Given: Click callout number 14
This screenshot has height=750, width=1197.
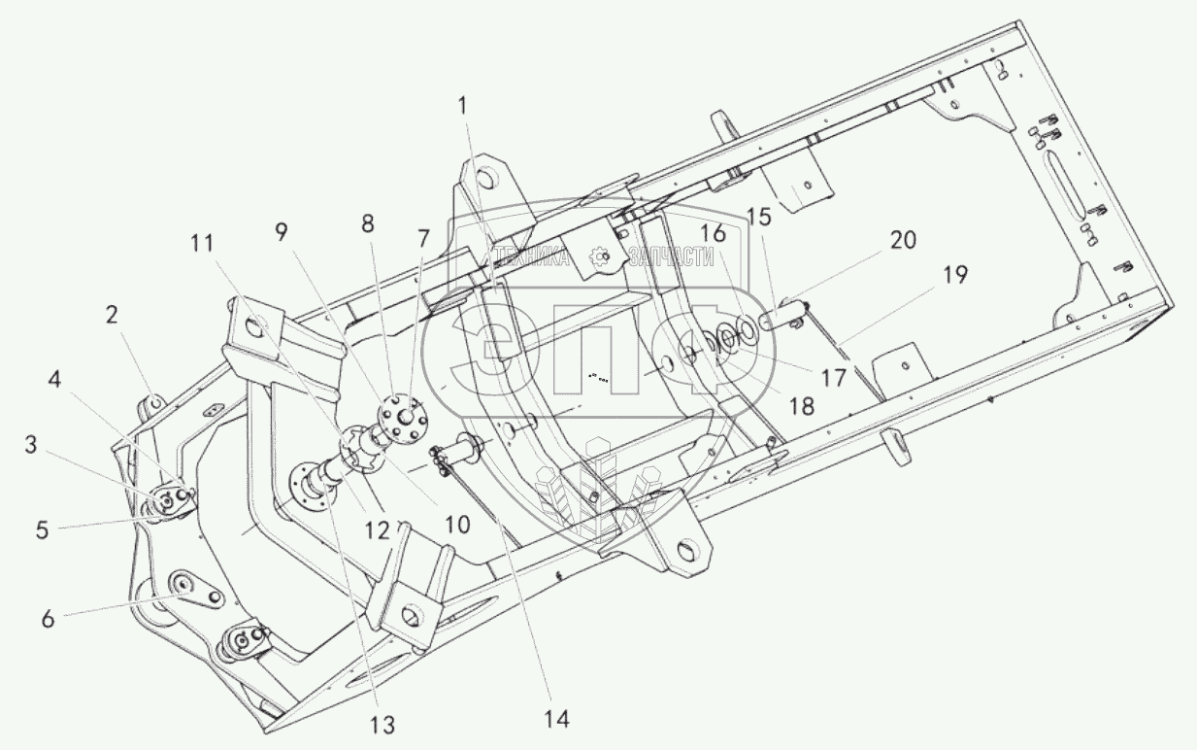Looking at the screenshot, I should [556, 719].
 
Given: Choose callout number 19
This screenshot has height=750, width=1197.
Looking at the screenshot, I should [954, 275].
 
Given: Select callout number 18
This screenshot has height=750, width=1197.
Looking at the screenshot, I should [801, 404].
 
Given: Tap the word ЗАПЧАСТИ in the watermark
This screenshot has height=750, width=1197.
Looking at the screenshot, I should [671, 256].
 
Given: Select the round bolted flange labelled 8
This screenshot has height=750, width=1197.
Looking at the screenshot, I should [400, 415].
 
